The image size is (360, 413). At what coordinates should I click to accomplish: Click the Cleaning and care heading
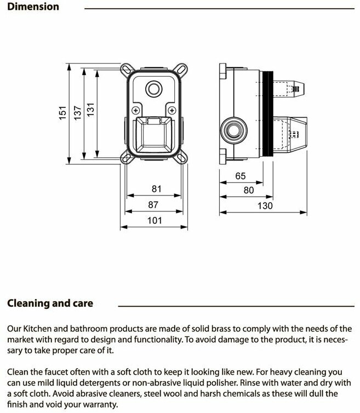tap(50, 303)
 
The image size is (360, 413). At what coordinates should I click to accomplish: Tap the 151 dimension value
tap(63, 113)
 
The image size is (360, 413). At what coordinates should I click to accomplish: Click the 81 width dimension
tap(157, 189)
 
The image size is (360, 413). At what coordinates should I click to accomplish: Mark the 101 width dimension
tap(155, 220)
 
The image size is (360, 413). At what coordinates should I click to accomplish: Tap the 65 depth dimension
tap(240, 176)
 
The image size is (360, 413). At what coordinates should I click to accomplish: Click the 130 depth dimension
tap(264, 205)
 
